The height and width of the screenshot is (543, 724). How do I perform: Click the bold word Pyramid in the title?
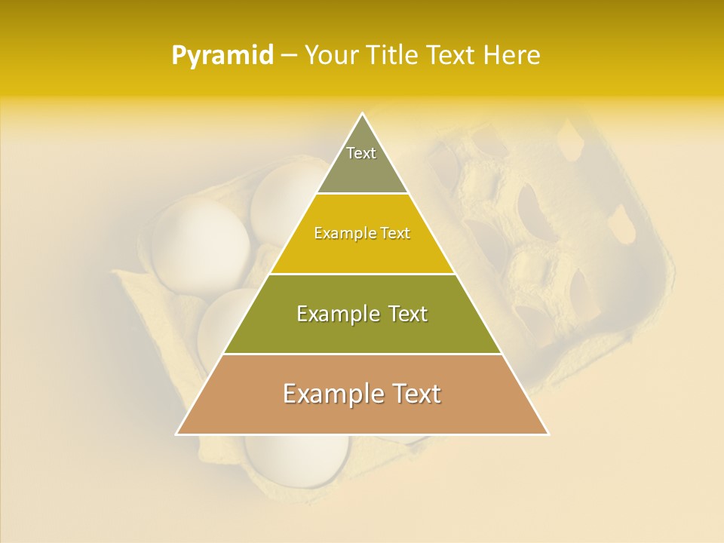coord(222,56)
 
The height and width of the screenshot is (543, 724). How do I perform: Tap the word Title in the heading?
coord(394,56)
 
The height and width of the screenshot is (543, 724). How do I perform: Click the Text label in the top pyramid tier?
coord(361,153)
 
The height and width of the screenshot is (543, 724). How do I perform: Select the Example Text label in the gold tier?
coord(362,233)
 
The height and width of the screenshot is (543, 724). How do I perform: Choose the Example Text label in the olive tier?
coord(362,314)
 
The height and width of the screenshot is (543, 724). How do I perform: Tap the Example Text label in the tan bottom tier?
coord(362,394)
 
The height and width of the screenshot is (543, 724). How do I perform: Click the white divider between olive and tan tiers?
coord(362,354)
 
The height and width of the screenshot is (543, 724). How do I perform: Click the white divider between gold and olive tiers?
coord(362,274)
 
